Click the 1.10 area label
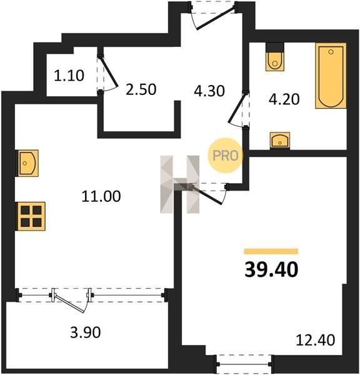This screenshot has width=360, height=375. pyautogui.click(x=69, y=76)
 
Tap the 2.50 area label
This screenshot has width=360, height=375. pyautogui.click(x=141, y=89)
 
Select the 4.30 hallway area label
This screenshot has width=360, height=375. pyautogui.click(x=209, y=91)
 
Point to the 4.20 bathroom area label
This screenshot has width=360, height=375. pyautogui.click(x=284, y=99)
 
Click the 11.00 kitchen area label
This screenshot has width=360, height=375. pyautogui.click(x=101, y=196)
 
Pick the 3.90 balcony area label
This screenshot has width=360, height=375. pyautogui.click(x=86, y=332)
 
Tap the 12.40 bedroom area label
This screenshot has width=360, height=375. pyautogui.click(x=316, y=340)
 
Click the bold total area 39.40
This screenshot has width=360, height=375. pyautogui.click(x=271, y=269)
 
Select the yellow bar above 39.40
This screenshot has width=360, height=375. pyautogui.click(x=271, y=251)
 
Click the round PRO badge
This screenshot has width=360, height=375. pyautogui.click(x=225, y=156)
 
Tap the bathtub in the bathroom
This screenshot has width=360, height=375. pyautogui.click(x=331, y=76)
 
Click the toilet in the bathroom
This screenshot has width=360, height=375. pyautogui.click(x=275, y=57)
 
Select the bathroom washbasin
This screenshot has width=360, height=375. pyautogui.click(x=280, y=141)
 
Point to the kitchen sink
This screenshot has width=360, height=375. pyautogui.click(x=27, y=163)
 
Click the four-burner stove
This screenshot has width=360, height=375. pyautogui.click(x=31, y=216)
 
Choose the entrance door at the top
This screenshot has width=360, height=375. pyautogui.click(x=214, y=15)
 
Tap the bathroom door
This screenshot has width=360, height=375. pyautogui.click(x=239, y=109)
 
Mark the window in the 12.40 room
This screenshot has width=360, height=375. pyautogui.click(x=244, y=364)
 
